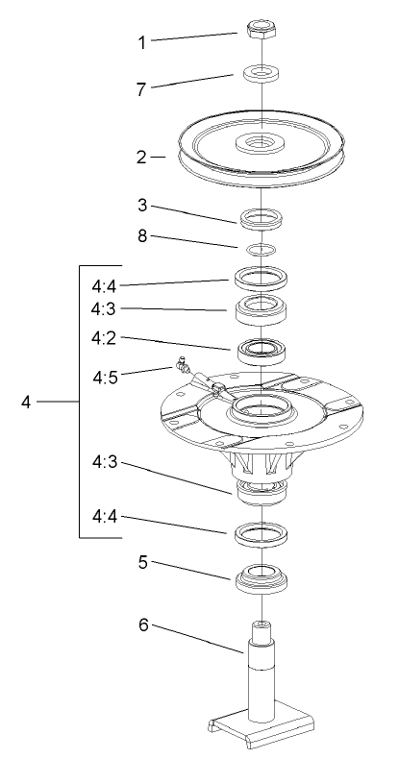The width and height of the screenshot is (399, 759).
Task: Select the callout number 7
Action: coord(142,87)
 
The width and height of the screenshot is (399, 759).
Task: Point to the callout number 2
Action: coord(142,157)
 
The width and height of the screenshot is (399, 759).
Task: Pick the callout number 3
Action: coord(142,207)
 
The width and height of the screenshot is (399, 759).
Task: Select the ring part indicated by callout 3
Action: coord(262,219)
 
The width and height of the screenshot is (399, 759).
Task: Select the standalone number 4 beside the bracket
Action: coord(27,401)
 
